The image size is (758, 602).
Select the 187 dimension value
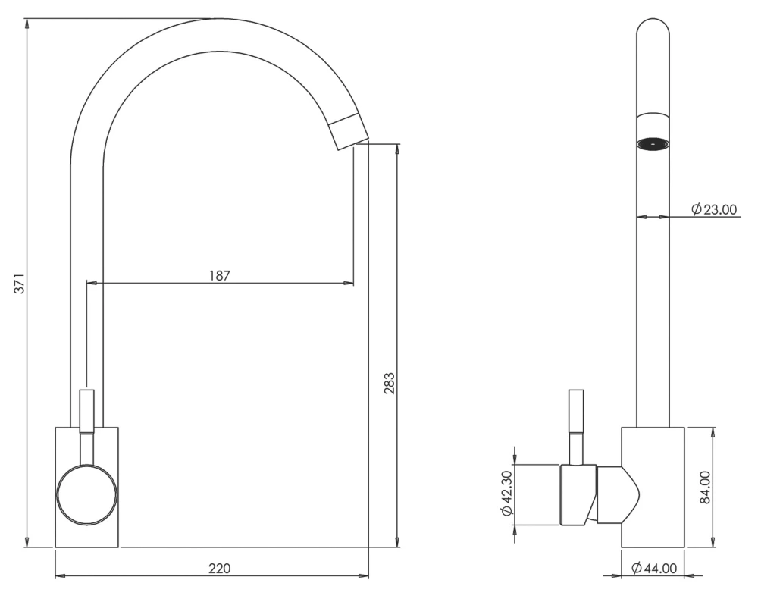[220, 275]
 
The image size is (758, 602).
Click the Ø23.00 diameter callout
[714, 209]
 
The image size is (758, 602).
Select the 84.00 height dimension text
[704, 487]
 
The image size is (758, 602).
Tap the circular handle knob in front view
[87, 495]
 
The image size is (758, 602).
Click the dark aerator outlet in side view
[653, 143]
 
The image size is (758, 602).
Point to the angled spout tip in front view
[349, 131]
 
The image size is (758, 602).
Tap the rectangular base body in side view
[653, 523]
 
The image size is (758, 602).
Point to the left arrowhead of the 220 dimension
[60, 576]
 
